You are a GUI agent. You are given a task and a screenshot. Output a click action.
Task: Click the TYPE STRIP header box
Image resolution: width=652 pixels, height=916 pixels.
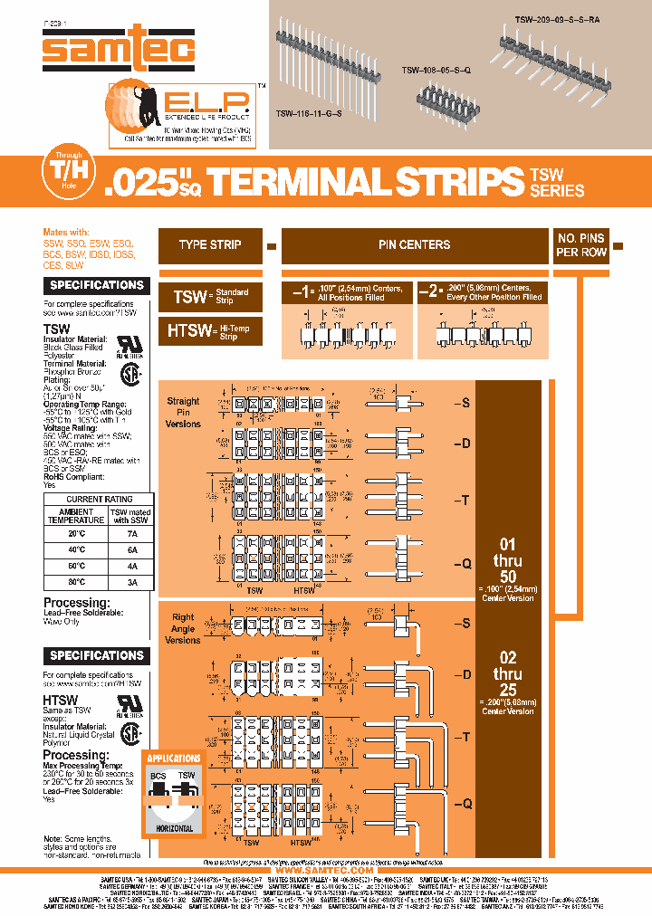click(x=210, y=245)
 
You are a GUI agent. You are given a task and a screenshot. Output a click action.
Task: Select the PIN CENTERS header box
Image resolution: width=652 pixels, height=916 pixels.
click(x=414, y=245)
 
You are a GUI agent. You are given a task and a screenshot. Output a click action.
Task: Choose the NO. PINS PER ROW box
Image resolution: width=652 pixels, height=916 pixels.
click(x=581, y=245)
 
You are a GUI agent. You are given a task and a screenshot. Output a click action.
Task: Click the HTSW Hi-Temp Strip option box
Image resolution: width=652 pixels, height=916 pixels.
click(x=210, y=331)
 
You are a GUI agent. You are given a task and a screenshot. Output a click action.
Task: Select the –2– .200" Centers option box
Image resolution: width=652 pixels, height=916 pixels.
click(x=481, y=292)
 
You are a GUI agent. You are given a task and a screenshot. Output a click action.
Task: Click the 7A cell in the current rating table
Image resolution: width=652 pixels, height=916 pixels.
click(x=131, y=533)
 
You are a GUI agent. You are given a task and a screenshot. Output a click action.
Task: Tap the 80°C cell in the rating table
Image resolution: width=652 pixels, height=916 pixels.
click(x=76, y=582)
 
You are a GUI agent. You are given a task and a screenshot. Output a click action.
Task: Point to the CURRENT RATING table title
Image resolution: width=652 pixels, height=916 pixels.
click(x=100, y=499)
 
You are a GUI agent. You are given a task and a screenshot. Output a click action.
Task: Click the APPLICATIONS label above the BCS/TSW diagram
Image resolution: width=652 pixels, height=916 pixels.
click(x=174, y=759)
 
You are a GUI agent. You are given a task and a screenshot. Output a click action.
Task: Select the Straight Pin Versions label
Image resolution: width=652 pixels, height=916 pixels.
click(x=183, y=412)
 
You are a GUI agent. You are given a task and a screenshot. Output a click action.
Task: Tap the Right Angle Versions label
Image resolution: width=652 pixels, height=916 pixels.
click(x=183, y=628)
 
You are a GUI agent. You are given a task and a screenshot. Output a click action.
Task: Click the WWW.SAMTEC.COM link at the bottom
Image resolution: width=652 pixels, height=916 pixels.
click(x=325, y=871)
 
